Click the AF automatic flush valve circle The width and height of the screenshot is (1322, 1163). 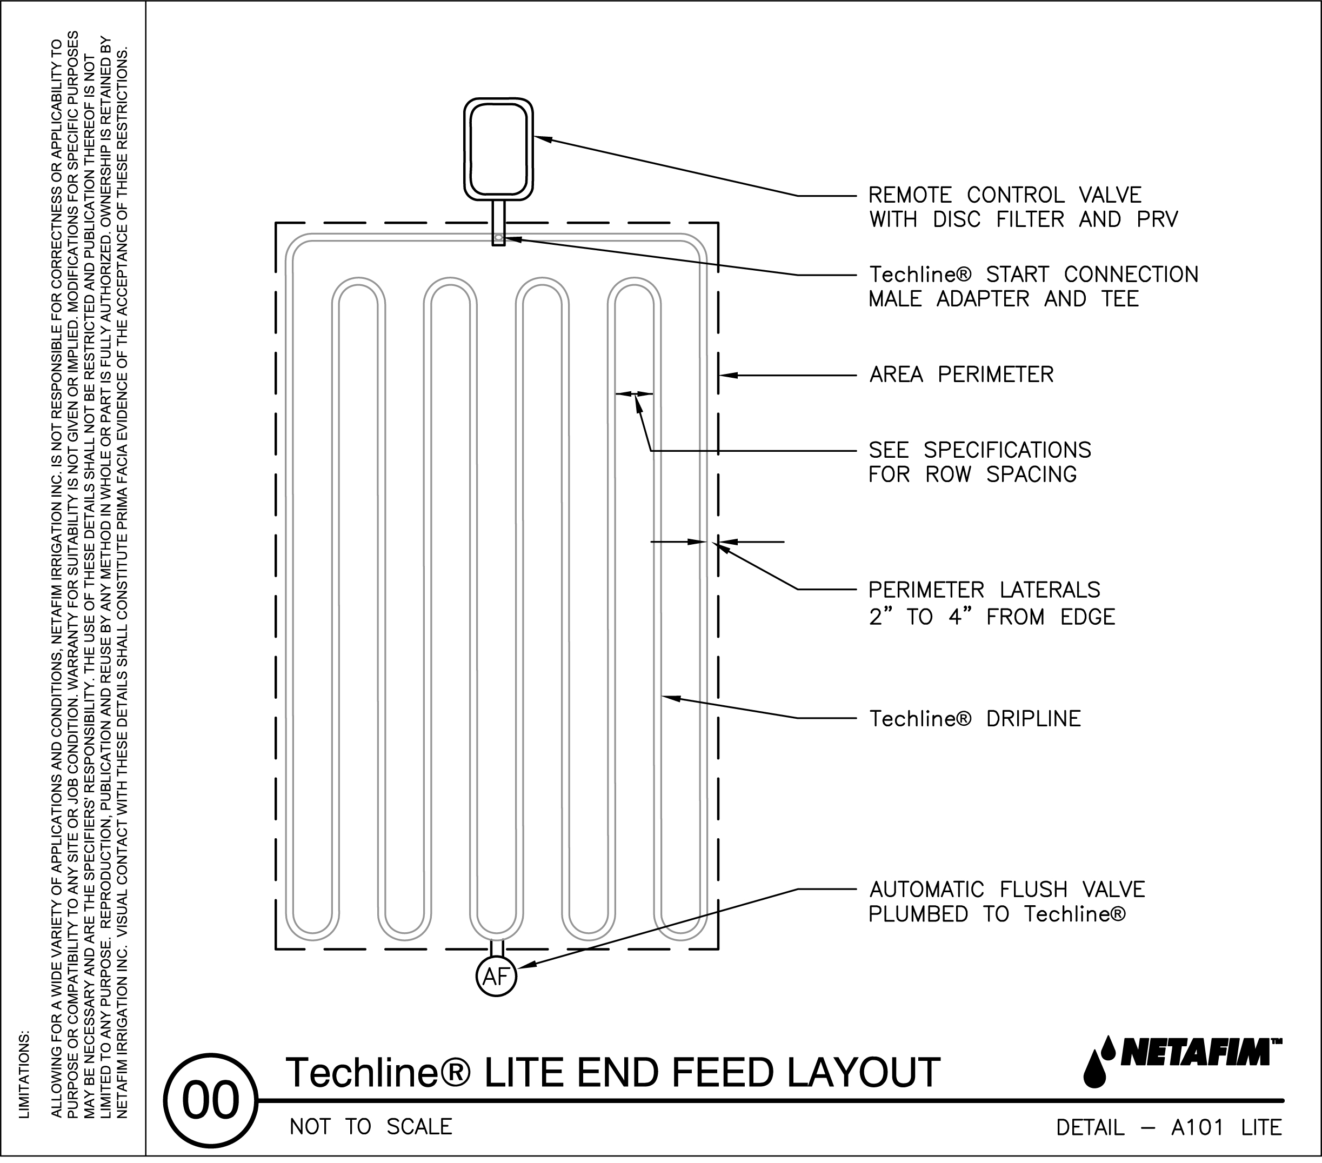[x=496, y=977]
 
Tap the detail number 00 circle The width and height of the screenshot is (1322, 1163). [x=210, y=1100]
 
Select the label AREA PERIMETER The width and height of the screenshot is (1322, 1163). [x=961, y=375]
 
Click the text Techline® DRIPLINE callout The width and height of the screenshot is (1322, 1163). [x=974, y=719]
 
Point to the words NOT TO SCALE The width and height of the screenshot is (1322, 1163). [x=371, y=1127]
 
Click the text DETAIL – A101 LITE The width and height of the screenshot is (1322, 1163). [x=1169, y=1127]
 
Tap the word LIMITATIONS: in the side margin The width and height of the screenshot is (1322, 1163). [x=24, y=1074]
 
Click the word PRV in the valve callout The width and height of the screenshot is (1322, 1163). [x=1157, y=220]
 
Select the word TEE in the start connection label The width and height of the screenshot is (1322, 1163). [x=1120, y=299]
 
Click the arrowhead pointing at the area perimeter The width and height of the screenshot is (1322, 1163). [x=727, y=375]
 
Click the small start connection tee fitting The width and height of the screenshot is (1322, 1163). [x=498, y=239]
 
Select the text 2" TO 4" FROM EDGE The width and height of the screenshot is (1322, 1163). [x=991, y=617]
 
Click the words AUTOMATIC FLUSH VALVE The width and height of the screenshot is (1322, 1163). [x=1006, y=890]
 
